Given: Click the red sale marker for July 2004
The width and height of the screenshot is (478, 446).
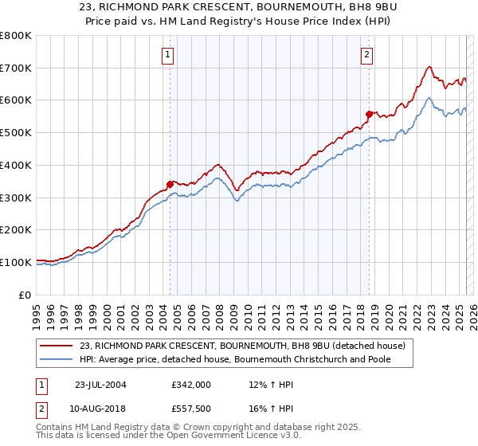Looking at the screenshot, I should pyautogui.click(x=170, y=184).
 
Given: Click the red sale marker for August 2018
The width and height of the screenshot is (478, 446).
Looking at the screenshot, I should pyautogui.click(x=368, y=114).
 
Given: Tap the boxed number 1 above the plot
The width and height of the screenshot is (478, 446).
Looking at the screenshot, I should pyautogui.click(x=169, y=55).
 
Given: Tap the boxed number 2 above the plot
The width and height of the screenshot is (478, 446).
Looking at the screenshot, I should pyautogui.click(x=366, y=55).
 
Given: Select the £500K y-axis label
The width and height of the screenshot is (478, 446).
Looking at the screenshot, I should pyautogui.click(x=16, y=133).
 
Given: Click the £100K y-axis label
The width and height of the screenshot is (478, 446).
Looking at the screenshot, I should pyautogui.click(x=16, y=262).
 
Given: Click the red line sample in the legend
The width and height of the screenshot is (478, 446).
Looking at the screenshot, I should pyautogui.click(x=57, y=346).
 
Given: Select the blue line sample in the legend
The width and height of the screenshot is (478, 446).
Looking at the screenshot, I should pyautogui.click(x=57, y=360).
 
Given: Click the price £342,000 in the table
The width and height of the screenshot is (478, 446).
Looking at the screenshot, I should pyautogui.click(x=191, y=384).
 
